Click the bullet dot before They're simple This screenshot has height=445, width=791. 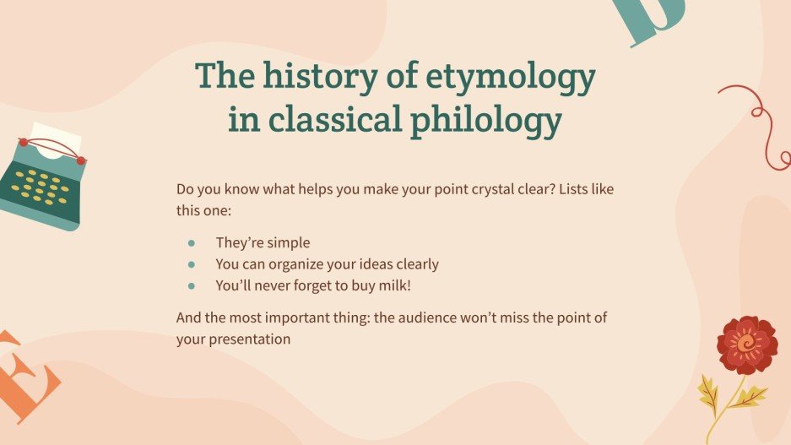click(192, 243)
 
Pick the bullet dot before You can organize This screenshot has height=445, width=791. click(192, 264)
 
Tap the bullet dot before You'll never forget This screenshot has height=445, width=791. click(192, 286)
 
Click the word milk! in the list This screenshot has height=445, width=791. click(392, 285)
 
